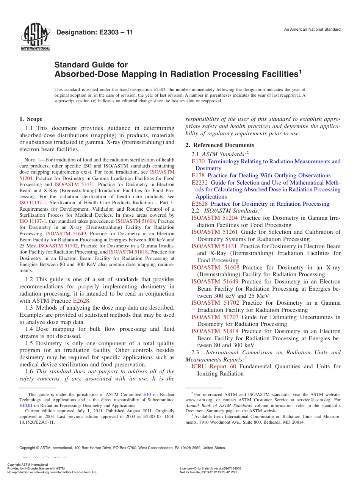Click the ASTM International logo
pos(35,38)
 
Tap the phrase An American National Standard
pos(312,30)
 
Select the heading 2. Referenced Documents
pos(220,145)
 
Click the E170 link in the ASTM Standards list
pos(198,161)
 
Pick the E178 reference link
pos(198,175)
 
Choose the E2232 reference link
pos(200,183)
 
